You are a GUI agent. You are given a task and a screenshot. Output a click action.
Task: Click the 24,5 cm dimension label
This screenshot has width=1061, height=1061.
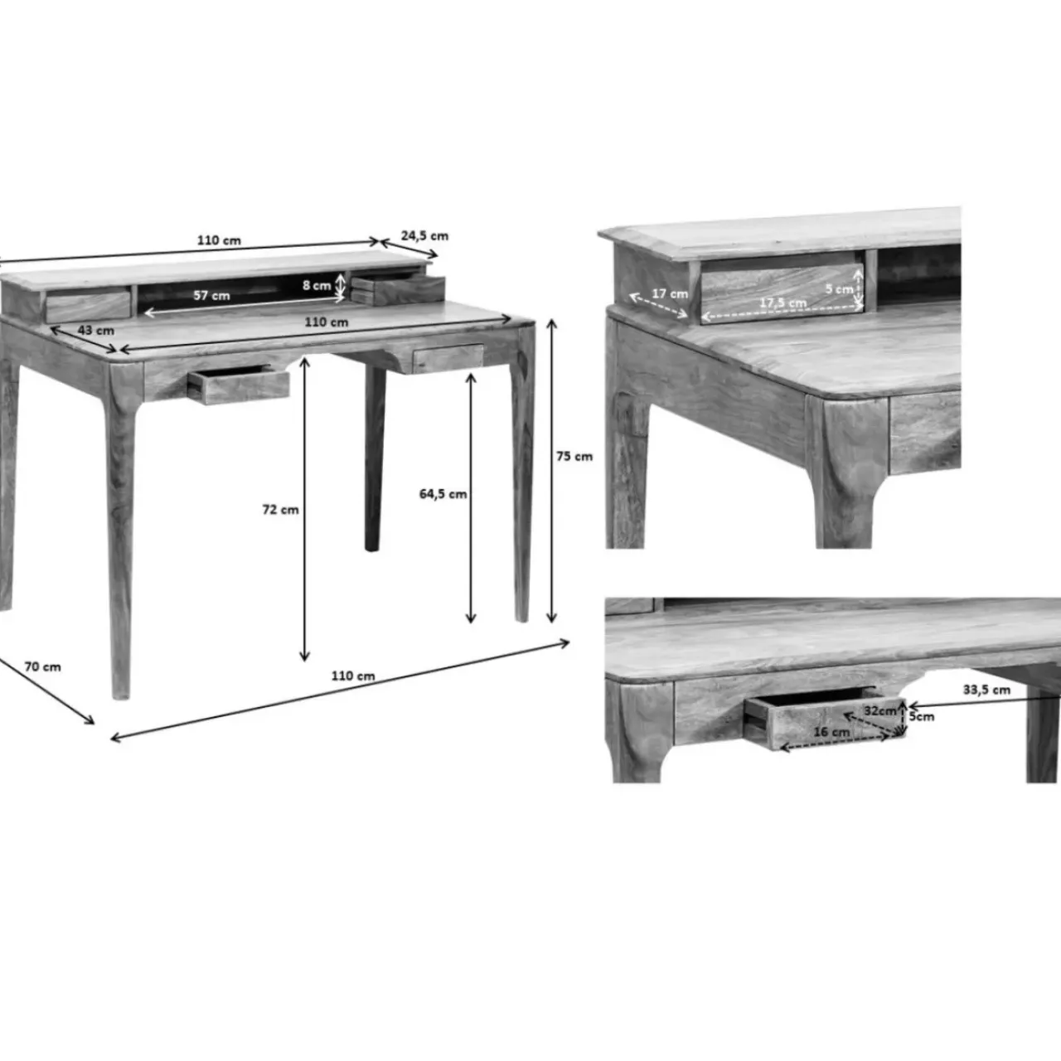click(424, 235)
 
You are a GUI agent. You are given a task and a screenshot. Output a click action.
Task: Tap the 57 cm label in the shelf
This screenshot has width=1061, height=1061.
click(211, 295)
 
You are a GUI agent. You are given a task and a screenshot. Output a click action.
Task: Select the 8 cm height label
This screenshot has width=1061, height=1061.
click(317, 285)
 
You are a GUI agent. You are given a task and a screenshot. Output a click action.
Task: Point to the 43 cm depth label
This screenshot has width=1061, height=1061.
click(96, 331)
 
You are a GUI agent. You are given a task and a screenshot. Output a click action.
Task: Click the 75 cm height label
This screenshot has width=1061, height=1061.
click(574, 457)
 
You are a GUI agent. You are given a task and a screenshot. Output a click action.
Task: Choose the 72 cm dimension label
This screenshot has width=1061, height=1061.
click(280, 510)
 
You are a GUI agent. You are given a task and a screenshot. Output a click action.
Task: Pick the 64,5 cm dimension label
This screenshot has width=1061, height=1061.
click(443, 494)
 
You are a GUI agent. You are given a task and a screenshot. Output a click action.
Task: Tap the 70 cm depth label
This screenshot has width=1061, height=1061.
click(42, 666)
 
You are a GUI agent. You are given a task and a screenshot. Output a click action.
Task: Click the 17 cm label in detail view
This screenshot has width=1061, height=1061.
click(670, 293)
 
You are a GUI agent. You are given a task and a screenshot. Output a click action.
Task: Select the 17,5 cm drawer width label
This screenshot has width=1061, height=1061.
click(783, 303)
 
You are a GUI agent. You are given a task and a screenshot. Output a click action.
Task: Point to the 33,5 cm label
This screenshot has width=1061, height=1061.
click(986, 690)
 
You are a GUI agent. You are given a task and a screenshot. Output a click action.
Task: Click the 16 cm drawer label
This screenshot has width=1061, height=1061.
click(831, 732)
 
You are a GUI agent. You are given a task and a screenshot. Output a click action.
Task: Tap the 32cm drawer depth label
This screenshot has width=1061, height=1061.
click(879, 711)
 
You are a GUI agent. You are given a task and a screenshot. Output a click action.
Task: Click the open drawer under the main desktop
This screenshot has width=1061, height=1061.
click(239, 385)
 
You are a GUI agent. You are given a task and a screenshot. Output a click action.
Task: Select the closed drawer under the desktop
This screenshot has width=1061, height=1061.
click(448, 357)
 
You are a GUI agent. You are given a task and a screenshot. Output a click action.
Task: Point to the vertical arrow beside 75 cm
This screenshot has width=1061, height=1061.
click(552, 472)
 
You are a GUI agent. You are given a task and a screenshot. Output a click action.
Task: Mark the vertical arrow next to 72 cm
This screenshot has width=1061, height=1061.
click(304, 509)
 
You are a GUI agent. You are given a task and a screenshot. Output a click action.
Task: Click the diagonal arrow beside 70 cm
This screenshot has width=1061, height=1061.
click(46, 690)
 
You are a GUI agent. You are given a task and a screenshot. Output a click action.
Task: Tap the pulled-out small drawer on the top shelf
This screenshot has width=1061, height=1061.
click(398, 290)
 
